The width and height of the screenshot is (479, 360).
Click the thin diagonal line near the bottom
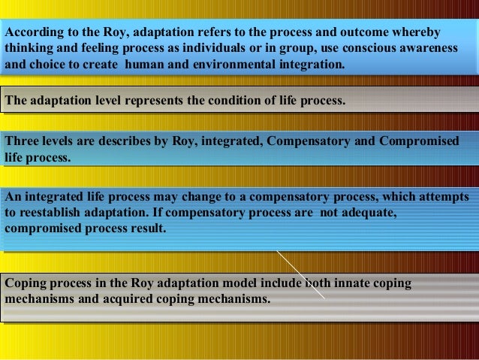[x=300, y=275]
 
